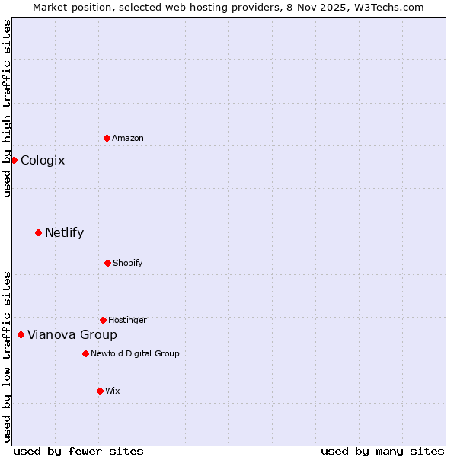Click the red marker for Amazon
(x=107, y=138)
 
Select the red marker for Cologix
(x=14, y=160)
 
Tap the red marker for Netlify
(x=38, y=232)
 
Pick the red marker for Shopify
(x=107, y=263)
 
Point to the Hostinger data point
(x=103, y=320)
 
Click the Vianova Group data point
(x=21, y=334)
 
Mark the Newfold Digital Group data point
(x=85, y=353)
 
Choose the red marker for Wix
(x=100, y=391)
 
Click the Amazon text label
(x=128, y=138)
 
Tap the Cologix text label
(x=43, y=160)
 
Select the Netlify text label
(x=64, y=232)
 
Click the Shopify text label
(x=128, y=263)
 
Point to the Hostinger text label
(x=127, y=320)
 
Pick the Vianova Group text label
(x=72, y=334)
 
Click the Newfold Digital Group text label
(x=135, y=353)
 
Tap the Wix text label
(x=113, y=391)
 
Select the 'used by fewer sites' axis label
(x=78, y=451)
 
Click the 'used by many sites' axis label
(x=382, y=451)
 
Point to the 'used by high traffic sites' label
(x=7, y=108)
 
